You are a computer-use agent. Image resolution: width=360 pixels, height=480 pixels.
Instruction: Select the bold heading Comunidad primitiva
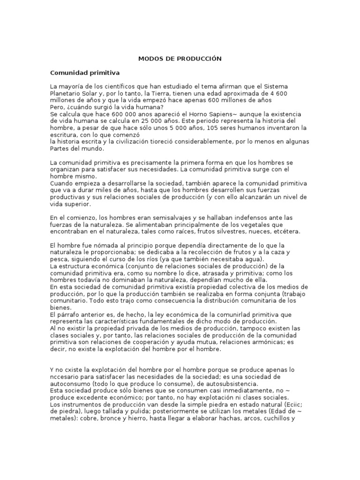(x=85, y=73)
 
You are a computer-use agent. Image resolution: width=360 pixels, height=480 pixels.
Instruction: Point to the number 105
(x=214, y=128)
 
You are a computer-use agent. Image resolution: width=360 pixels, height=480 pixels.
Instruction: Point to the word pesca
(x=59, y=259)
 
